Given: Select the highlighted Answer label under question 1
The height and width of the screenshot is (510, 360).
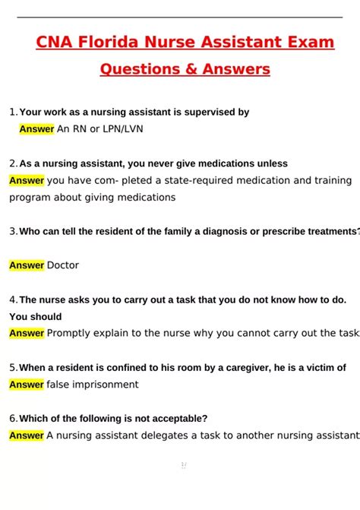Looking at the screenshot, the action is click(36, 129).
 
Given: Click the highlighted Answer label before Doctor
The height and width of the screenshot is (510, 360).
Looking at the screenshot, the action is click(27, 265).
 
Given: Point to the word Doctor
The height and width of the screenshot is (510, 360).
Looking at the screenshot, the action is click(63, 265).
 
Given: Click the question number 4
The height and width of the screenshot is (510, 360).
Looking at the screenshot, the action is click(13, 299).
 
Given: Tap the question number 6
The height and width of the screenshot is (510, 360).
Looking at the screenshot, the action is click(13, 418).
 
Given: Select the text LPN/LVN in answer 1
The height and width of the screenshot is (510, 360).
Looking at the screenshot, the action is click(121, 129).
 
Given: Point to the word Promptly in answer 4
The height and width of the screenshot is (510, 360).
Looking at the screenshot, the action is click(70, 333).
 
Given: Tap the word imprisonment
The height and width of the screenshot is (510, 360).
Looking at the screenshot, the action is click(106, 385).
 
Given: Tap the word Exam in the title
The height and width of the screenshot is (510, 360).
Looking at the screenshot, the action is click(309, 43).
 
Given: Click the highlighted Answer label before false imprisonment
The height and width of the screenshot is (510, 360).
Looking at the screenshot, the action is click(27, 385).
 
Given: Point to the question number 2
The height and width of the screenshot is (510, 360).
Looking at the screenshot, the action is click(13, 163).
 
